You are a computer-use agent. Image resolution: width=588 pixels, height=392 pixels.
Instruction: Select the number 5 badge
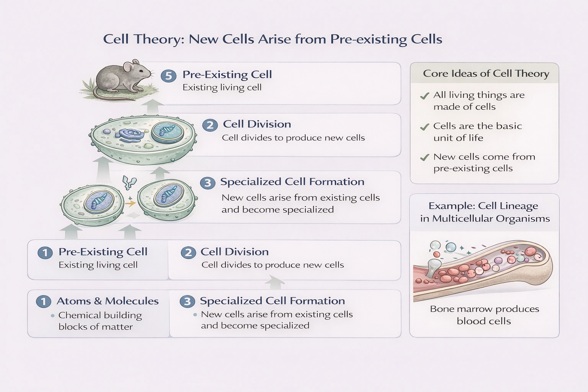(x=168, y=76)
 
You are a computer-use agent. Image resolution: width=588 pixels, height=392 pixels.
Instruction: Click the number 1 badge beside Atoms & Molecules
(x=44, y=302)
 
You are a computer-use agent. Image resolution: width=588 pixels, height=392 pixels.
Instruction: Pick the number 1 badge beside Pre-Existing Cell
(x=45, y=253)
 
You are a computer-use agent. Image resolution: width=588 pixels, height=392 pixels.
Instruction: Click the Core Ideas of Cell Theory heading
(x=486, y=73)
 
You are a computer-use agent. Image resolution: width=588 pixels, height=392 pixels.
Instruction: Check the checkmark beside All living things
(x=424, y=96)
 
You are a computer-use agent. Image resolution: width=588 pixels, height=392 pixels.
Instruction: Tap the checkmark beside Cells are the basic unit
(x=424, y=127)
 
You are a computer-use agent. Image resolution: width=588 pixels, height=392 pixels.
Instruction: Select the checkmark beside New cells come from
(x=424, y=157)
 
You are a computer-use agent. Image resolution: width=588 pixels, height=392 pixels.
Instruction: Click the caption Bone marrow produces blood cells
(x=484, y=315)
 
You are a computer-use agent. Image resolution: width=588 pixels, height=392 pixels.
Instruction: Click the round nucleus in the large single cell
(x=167, y=132)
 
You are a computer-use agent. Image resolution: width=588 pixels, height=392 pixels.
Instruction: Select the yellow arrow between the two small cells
(x=131, y=203)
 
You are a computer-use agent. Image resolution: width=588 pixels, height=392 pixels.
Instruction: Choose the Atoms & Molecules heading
(x=108, y=301)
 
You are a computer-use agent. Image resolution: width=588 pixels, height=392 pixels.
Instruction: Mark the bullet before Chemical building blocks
(x=52, y=316)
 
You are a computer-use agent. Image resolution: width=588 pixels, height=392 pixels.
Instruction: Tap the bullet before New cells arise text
(x=195, y=315)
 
